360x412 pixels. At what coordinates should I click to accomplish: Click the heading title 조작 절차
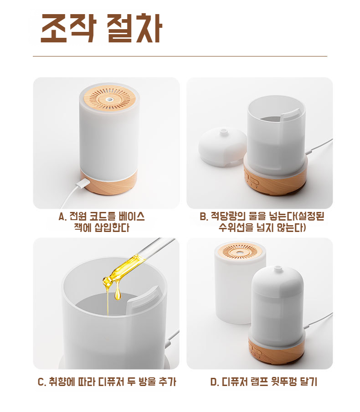(x=102, y=28)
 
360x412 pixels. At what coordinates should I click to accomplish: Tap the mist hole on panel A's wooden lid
(x=109, y=99)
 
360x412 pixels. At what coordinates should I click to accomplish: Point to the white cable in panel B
(x=319, y=146)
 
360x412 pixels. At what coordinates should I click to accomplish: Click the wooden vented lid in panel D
(x=240, y=251)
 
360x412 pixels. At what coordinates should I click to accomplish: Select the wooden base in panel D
(x=276, y=351)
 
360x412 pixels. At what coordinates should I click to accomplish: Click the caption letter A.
(x=62, y=217)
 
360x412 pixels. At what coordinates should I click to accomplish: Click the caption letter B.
(x=203, y=217)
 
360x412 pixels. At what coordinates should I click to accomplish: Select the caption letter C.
(x=41, y=382)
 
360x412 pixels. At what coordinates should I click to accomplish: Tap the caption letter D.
(x=214, y=382)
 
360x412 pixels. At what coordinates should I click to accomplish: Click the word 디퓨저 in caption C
(x=111, y=382)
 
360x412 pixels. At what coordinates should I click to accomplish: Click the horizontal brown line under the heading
(x=180, y=56)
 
